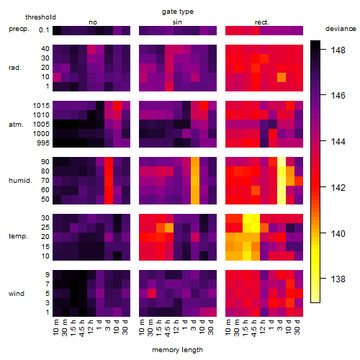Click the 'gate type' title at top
coord(178,12)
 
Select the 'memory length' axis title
coord(177,350)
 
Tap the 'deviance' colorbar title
coord(341,29)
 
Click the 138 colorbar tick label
coord(338,279)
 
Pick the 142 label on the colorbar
coord(338,187)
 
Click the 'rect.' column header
coord(261,22)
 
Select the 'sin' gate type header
coord(177,22)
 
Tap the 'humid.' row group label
coord(20,181)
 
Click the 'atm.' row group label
coord(16,125)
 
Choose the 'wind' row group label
coord(17,294)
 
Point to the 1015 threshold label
coord(41,106)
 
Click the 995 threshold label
coord(43,143)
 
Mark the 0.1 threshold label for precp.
coord(44,30)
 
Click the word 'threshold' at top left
coord(40,17)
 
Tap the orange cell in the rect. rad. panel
coord(282,77)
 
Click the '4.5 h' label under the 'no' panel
coord(82,328)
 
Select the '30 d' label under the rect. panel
coord(297,328)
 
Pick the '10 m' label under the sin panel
coord(142,328)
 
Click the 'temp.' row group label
coord(18,236)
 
